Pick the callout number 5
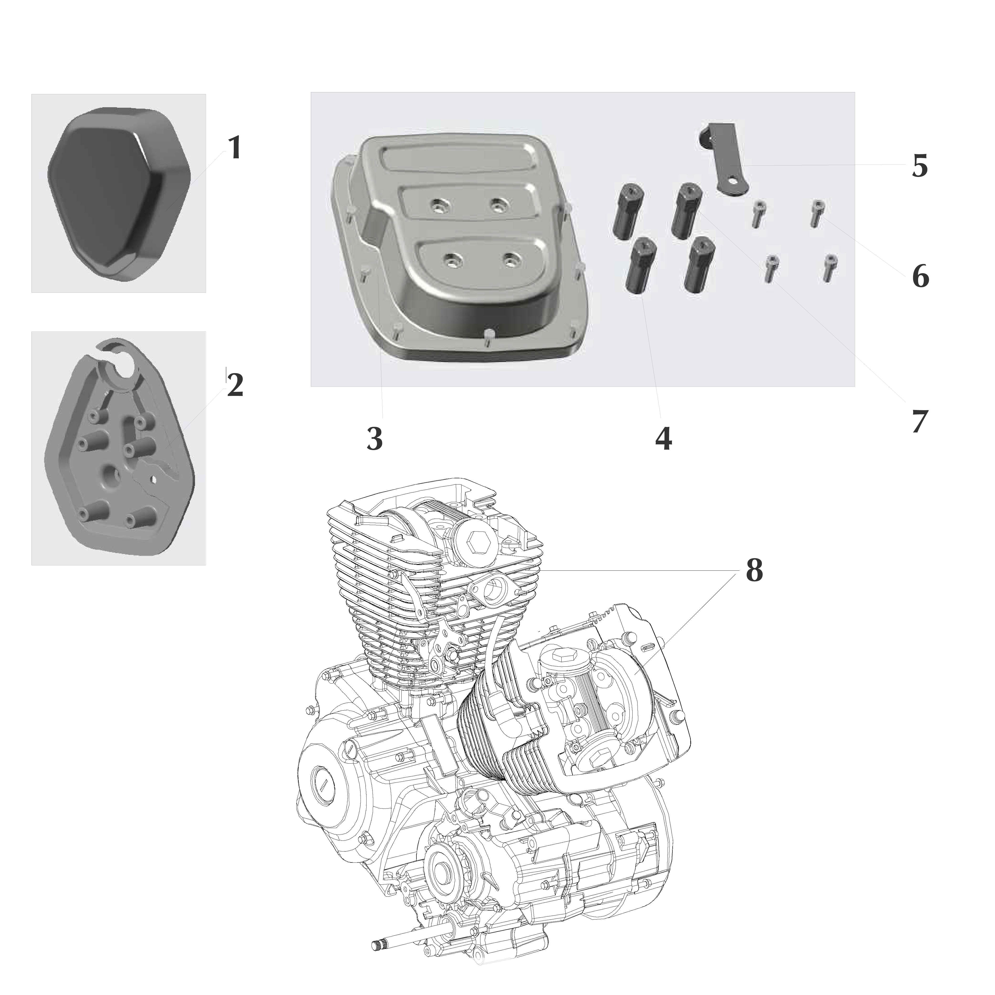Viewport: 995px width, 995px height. tap(920, 166)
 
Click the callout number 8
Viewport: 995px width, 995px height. tap(754, 571)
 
